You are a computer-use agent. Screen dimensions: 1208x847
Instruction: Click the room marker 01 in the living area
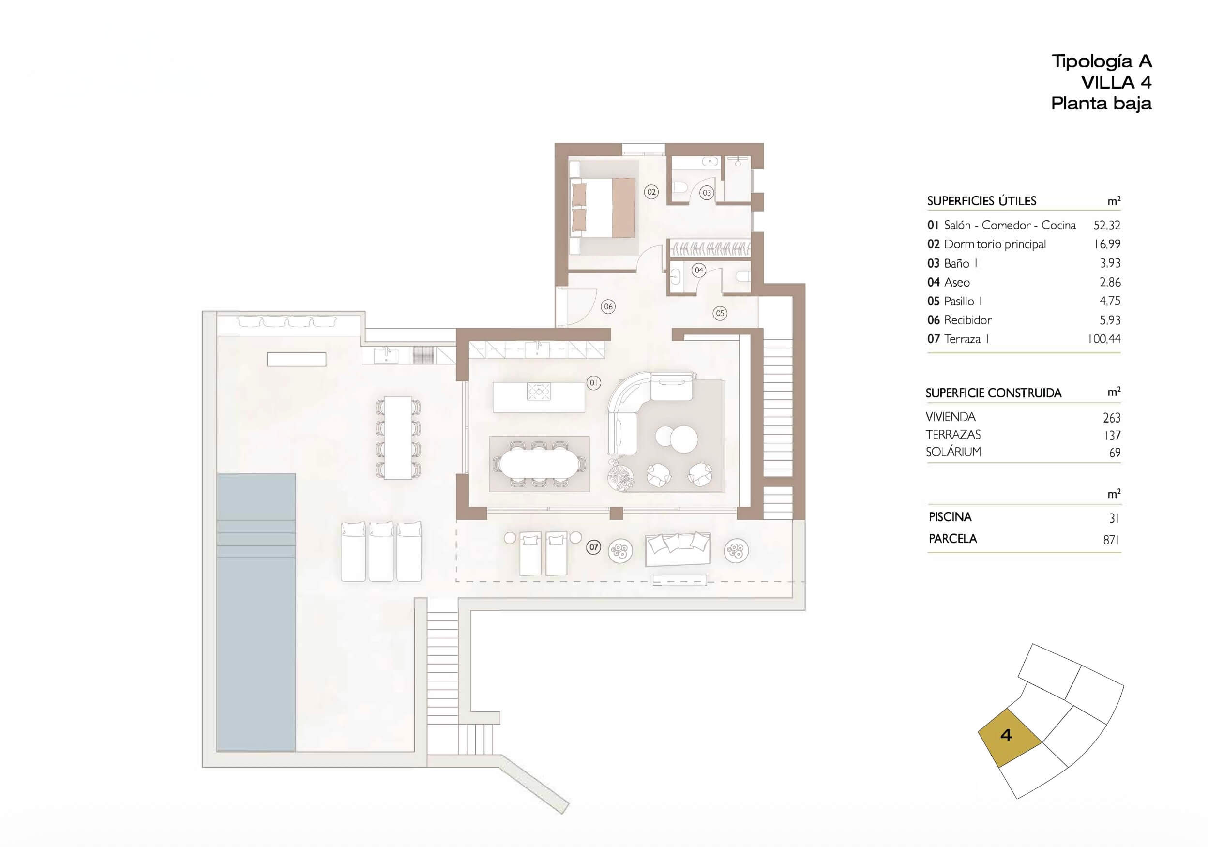click(x=593, y=382)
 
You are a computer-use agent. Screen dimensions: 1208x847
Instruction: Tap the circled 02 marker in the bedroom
click(x=651, y=192)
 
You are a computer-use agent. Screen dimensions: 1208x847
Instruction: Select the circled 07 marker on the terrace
click(x=593, y=547)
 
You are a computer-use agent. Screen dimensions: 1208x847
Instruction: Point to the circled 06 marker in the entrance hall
click(x=608, y=306)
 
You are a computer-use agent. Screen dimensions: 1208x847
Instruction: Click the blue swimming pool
click(x=256, y=612)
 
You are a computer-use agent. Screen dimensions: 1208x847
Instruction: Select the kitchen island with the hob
click(x=539, y=397)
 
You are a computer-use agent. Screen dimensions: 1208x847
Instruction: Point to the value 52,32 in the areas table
click(x=1106, y=225)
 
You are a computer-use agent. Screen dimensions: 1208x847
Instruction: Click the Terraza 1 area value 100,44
click(x=1104, y=339)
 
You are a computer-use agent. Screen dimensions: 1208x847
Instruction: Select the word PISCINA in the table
click(x=950, y=517)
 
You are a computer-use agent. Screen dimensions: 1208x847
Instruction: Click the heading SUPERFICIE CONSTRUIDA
click(x=993, y=393)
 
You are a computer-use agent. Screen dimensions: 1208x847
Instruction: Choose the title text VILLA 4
click(x=1117, y=82)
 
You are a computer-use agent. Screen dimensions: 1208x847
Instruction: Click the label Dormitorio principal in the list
click(x=995, y=244)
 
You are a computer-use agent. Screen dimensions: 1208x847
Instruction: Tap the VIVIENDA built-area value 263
click(x=1112, y=418)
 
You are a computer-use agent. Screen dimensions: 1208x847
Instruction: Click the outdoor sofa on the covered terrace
click(x=678, y=550)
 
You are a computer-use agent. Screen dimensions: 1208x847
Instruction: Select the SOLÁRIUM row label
click(x=953, y=452)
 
